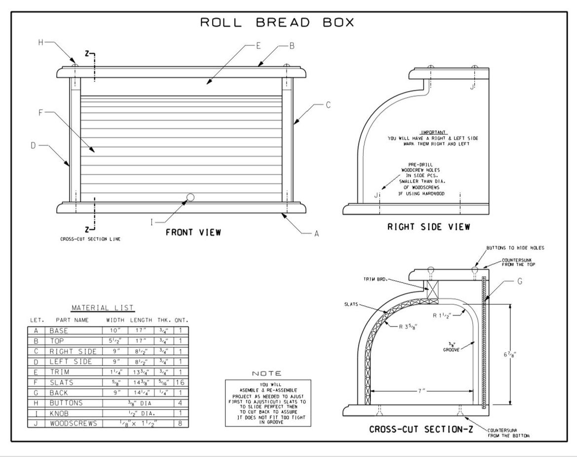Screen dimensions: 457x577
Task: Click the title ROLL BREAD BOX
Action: (x=277, y=23)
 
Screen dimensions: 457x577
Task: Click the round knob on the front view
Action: (x=190, y=198)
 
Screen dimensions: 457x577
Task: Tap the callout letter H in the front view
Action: (x=41, y=43)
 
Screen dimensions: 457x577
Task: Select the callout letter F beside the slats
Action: (x=41, y=113)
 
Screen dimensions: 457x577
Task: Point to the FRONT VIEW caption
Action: (x=193, y=232)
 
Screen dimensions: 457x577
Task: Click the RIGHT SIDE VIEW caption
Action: (x=428, y=227)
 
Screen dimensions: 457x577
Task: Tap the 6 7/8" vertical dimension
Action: (x=516, y=354)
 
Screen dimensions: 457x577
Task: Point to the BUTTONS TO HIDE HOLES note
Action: (x=515, y=248)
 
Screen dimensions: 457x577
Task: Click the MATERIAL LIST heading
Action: (x=103, y=308)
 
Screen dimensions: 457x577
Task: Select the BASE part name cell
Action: (x=59, y=331)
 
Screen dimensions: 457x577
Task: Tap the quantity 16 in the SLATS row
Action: (x=180, y=382)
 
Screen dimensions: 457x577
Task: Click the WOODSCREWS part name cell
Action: (x=73, y=423)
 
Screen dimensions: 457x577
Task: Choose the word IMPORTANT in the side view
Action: (x=433, y=132)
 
